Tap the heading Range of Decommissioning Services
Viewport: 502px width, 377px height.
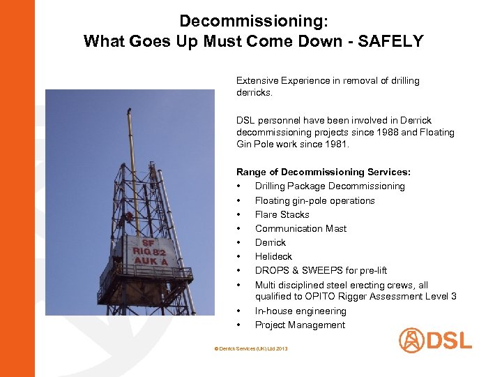pyautogui.click(x=323, y=172)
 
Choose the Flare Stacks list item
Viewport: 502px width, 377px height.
pyautogui.click(x=282, y=214)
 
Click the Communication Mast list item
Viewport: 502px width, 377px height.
pyautogui.click(x=301, y=228)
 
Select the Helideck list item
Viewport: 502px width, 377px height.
pyautogui.click(x=273, y=256)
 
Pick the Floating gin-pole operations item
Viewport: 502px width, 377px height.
pyautogui.click(x=314, y=200)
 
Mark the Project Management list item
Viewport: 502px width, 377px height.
pyautogui.click(x=300, y=325)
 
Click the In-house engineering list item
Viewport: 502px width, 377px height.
pyautogui.click(x=300, y=311)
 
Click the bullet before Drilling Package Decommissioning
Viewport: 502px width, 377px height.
pyautogui.click(x=239, y=186)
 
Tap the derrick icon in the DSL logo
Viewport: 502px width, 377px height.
pyautogui.click(x=411, y=341)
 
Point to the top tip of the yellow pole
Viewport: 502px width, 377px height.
pyautogui.click(x=128, y=110)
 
